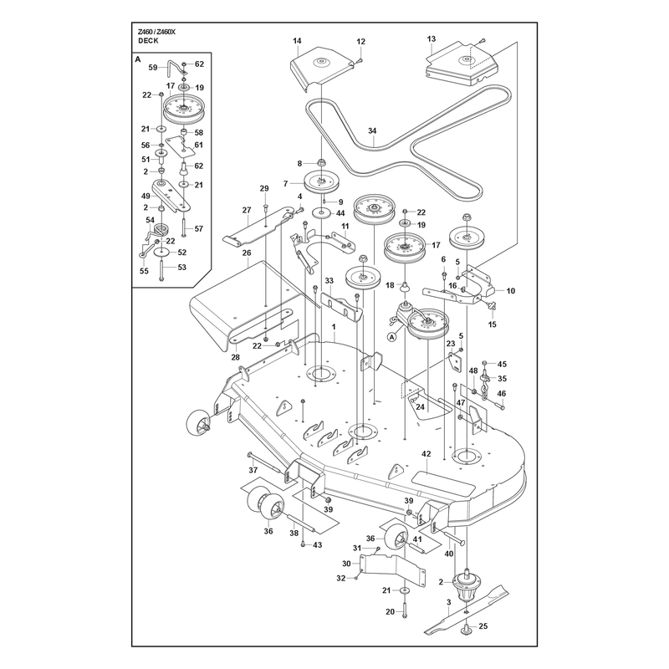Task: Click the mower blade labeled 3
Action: [467, 611]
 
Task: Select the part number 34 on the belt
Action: [372, 130]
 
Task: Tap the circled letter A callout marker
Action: [392, 337]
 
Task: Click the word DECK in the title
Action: [148, 40]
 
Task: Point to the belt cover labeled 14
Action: [322, 69]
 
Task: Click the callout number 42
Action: [426, 454]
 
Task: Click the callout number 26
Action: [247, 253]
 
